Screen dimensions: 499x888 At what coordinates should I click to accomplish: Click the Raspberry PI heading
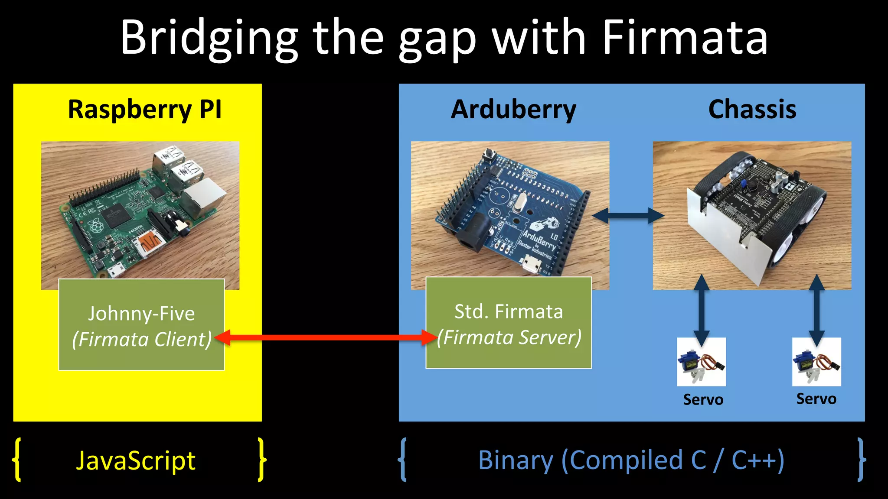point(145,109)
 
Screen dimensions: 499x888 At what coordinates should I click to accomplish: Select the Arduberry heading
point(513,109)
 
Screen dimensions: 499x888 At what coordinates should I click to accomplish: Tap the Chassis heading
point(752,109)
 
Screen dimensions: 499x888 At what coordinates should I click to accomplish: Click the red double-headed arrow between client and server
point(325,337)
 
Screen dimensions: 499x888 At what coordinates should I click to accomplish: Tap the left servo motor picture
point(701,362)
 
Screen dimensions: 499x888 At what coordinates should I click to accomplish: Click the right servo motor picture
point(816,362)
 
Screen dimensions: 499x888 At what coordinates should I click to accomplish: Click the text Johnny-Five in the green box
point(141,314)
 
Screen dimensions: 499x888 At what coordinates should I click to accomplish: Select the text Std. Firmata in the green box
point(509,312)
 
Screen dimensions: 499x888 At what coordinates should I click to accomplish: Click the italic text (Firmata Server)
point(509,337)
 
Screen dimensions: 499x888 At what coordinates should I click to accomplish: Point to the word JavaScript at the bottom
point(136,460)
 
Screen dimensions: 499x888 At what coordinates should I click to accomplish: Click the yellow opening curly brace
point(17,460)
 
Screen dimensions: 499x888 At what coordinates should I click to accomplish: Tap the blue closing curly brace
point(861,460)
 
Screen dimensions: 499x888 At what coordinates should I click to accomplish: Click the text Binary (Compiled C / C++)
point(631,460)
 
